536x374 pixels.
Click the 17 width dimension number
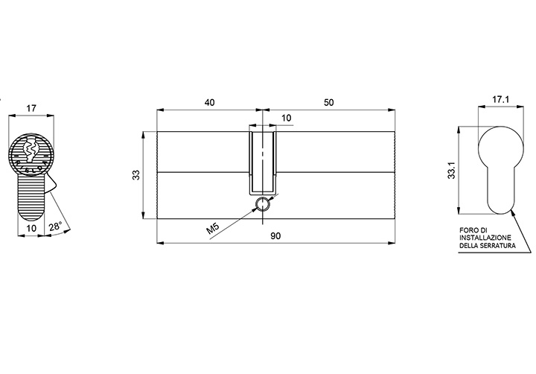pos(31,109)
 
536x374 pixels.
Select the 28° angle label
pos(55,226)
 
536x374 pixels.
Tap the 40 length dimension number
pos(209,102)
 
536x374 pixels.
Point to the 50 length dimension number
pos(328,102)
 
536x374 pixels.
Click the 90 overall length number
pos(275,235)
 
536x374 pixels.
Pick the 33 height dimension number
pos(136,175)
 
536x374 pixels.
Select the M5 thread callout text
pos(213,228)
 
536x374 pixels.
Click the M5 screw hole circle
pos(263,204)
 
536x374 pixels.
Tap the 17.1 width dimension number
pos(501,100)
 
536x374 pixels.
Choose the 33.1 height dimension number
pos(452,170)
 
